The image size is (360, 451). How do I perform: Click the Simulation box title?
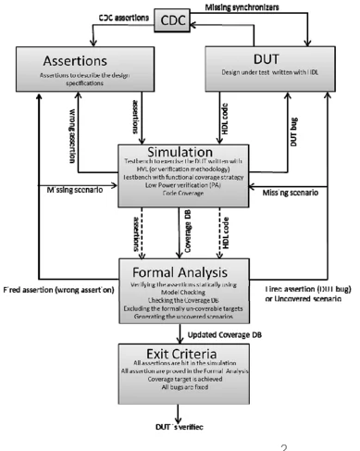[x=179, y=152]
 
